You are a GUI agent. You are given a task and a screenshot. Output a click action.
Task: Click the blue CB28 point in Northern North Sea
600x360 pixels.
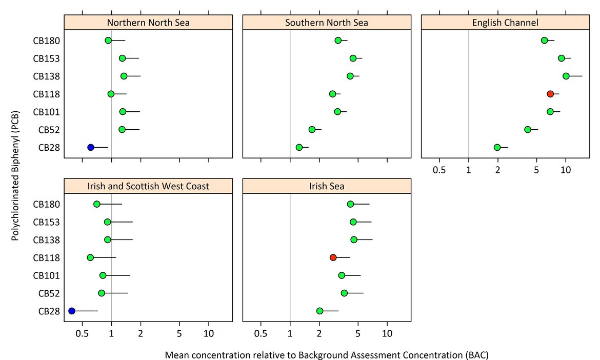tap(91, 147)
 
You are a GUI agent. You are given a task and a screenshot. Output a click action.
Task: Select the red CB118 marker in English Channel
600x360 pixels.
tap(550, 94)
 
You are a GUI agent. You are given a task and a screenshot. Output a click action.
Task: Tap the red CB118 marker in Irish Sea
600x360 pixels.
tap(333, 257)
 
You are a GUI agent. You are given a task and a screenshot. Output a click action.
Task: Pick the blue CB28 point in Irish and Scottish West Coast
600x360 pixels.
tap(72, 311)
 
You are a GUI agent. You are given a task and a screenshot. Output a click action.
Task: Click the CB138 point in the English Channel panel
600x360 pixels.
tap(566, 76)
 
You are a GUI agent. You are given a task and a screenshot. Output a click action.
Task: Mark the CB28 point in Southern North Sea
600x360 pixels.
tap(299, 147)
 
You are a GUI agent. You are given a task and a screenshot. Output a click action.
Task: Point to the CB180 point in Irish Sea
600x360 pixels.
tap(350, 204)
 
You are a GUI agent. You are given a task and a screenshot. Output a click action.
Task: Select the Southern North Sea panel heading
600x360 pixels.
tap(327, 23)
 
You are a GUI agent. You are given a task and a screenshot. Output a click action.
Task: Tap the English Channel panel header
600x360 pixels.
tap(505, 23)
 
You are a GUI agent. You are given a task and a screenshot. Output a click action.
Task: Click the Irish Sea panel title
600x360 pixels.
tap(327, 186)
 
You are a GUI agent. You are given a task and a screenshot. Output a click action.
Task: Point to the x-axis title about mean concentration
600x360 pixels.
tap(327, 354)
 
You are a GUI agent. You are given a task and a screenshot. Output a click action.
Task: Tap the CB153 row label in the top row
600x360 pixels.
tap(47, 58)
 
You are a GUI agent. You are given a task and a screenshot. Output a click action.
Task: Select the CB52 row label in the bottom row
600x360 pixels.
tap(49, 293)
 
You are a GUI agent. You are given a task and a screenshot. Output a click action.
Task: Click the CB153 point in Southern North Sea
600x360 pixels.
tap(353, 58)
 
